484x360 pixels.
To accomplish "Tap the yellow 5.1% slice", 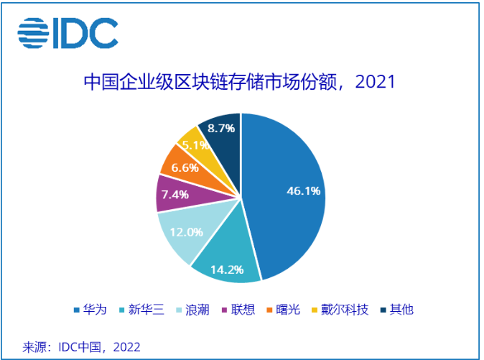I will pos(191,143).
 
